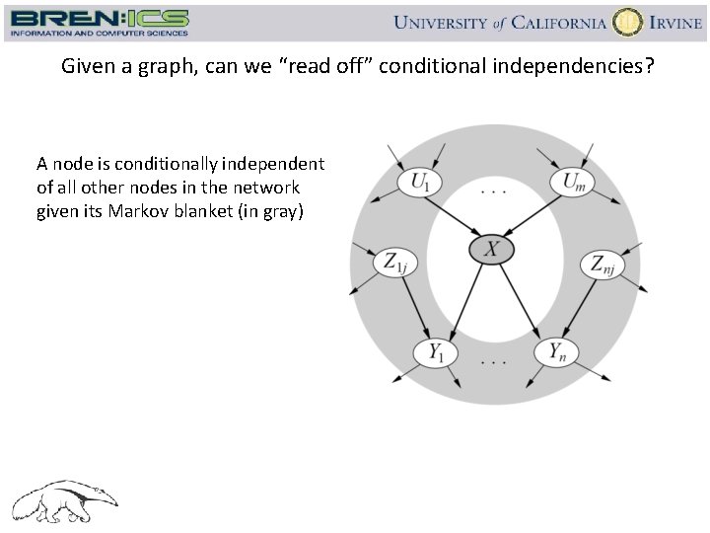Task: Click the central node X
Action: [x=491, y=250]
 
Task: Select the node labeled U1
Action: [x=420, y=182]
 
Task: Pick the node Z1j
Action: [x=394, y=263]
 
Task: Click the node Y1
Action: [x=435, y=351]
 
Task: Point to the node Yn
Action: [x=556, y=351]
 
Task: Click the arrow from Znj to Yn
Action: [x=581, y=306]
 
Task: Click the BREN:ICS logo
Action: [x=99, y=22]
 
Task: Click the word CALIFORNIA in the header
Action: [x=544, y=23]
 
